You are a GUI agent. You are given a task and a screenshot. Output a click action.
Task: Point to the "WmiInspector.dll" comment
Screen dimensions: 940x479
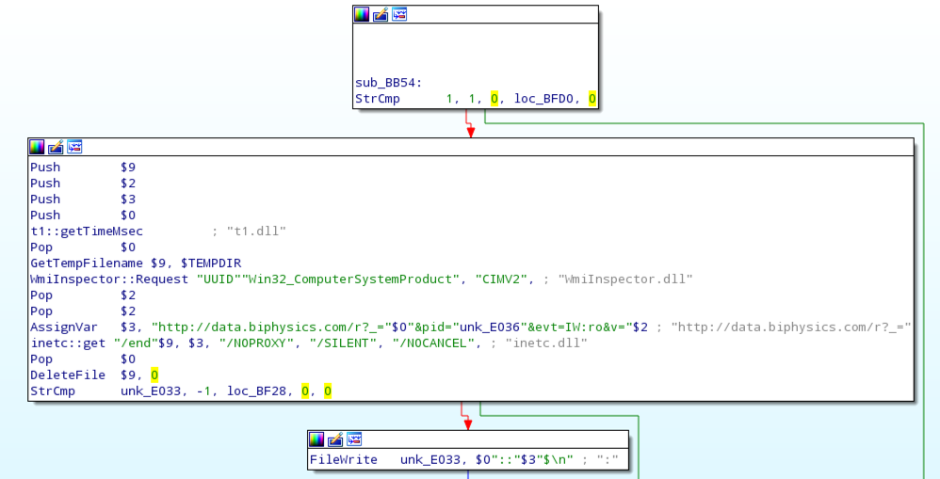point(625,279)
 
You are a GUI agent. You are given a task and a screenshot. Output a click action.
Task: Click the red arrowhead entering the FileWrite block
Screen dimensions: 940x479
point(469,423)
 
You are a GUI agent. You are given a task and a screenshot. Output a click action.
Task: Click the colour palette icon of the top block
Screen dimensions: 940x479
point(363,14)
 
